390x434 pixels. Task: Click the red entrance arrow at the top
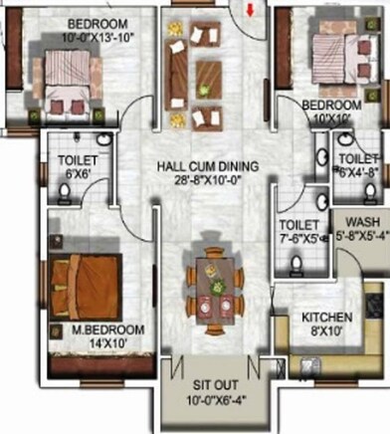(x=249, y=10)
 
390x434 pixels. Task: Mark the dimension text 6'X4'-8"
(x=360, y=171)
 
